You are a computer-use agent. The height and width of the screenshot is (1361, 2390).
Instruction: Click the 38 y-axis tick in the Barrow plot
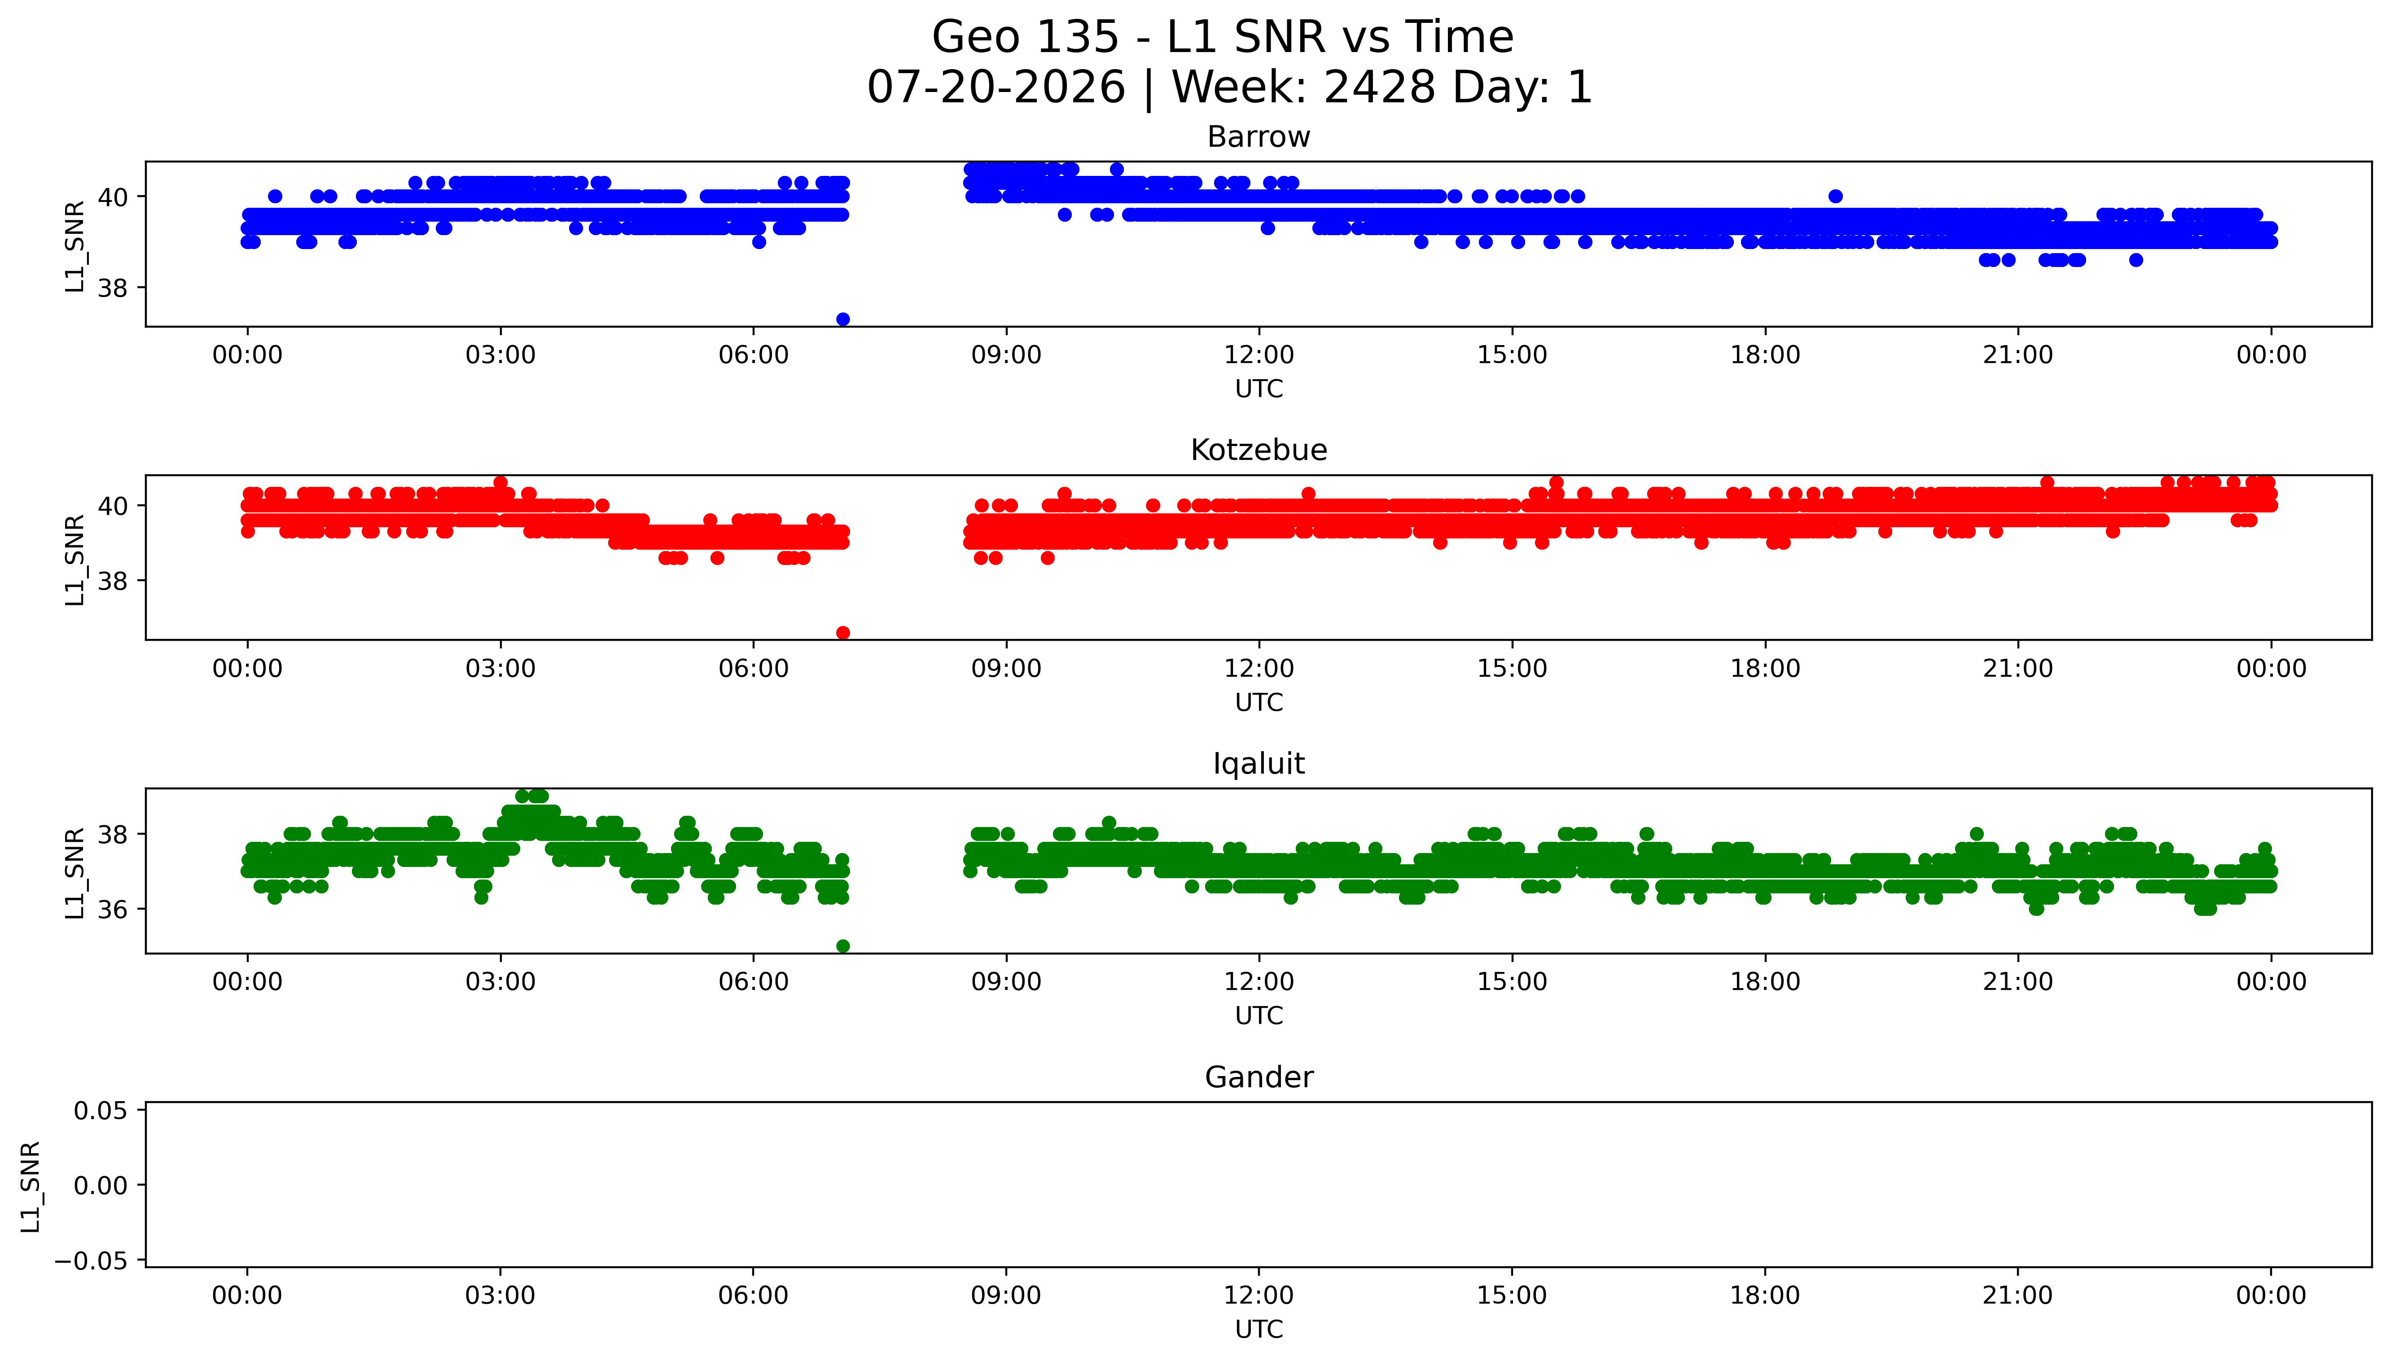(x=113, y=288)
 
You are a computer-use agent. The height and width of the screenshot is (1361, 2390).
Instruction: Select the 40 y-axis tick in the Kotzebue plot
(x=113, y=506)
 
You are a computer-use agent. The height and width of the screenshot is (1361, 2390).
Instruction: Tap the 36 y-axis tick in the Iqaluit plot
(x=113, y=910)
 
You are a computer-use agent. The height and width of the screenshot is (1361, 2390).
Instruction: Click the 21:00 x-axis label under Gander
(x=2018, y=1295)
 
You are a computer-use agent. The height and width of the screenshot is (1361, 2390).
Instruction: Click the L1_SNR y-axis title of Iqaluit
(x=75, y=873)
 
